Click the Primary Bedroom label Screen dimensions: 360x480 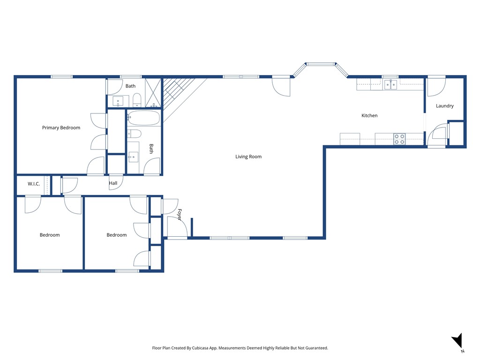[x=61, y=128]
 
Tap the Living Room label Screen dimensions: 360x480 [x=248, y=157]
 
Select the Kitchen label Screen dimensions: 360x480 [x=369, y=116]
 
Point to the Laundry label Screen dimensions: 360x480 [x=444, y=106]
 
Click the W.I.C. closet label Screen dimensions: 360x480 [x=34, y=184]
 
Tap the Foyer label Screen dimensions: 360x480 [x=179, y=215]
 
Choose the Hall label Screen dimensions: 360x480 [x=113, y=183]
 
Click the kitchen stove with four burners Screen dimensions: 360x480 [x=399, y=139]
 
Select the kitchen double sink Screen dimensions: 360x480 [x=390, y=85]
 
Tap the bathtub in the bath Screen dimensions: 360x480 [x=143, y=118]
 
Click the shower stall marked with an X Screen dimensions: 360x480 [x=153, y=93]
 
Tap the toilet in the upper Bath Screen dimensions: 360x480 [x=137, y=100]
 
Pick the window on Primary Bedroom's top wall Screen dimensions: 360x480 [x=61, y=77]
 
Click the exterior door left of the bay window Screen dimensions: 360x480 [x=281, y=86]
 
